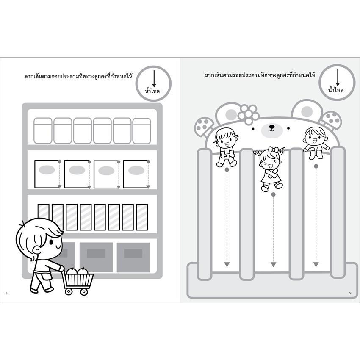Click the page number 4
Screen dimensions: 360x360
(6, 293)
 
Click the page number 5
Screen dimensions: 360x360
(350, 293)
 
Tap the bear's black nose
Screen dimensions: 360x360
(271, 127)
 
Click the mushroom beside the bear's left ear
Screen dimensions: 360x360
(202, 127)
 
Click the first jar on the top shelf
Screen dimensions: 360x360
(43, 131)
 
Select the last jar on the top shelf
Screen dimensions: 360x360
(142, 131)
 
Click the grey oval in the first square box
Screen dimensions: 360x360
(47, 170)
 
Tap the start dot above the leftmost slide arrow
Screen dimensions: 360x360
(227, 170)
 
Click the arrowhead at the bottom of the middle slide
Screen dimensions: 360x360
(273, 264)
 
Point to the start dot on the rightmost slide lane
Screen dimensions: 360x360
(316, 166)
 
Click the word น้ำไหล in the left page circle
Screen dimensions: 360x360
(152, 91)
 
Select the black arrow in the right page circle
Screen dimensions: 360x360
(338, 78)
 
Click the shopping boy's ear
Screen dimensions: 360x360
(37, 249)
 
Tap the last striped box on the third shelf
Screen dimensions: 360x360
(142, 217)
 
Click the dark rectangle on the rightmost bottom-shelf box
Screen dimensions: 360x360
(133, 253)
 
